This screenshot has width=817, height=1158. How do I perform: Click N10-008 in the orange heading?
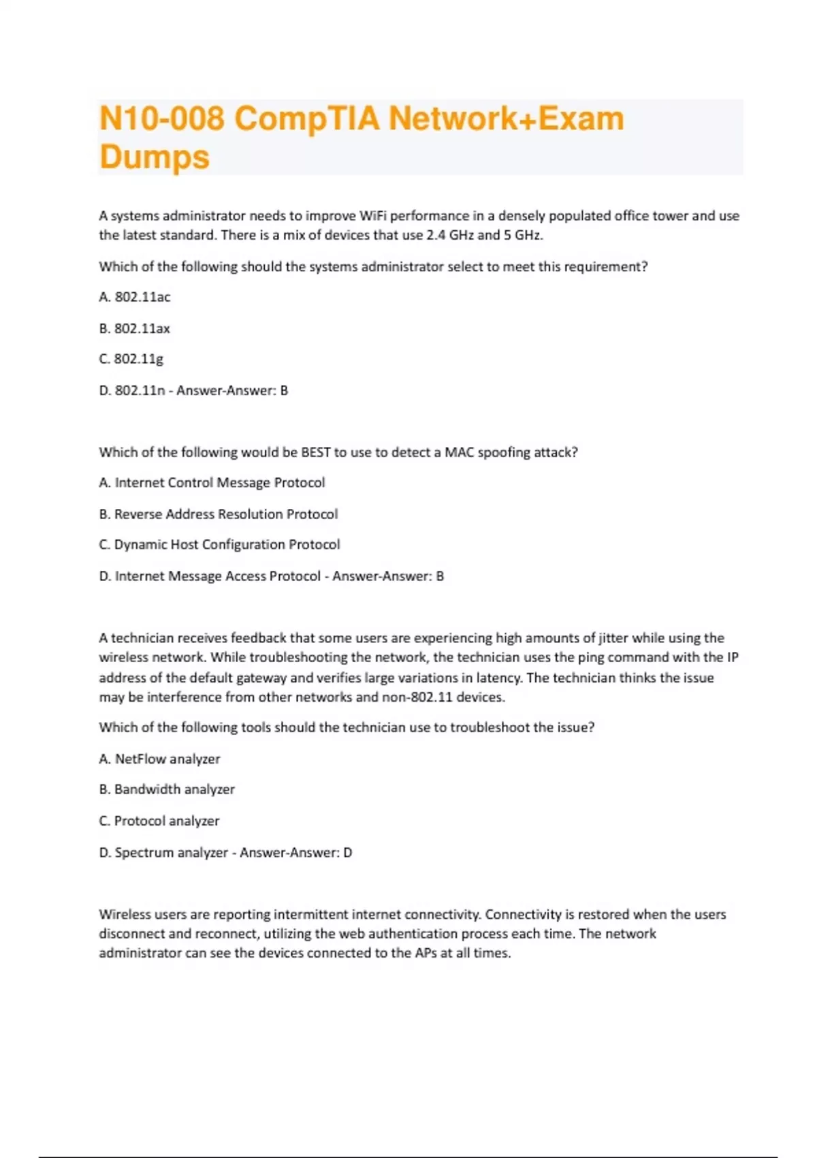(x=162, y=119)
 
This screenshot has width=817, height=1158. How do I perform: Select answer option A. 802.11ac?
(x=135, y=297)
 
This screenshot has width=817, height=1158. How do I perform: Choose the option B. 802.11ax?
(x=135, y=328)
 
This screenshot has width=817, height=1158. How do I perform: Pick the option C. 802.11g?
(x=131, y=359)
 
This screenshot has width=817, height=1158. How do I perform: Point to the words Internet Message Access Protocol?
(x=218, y=576)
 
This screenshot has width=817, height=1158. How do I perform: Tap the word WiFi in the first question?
(x=372, y=216)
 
